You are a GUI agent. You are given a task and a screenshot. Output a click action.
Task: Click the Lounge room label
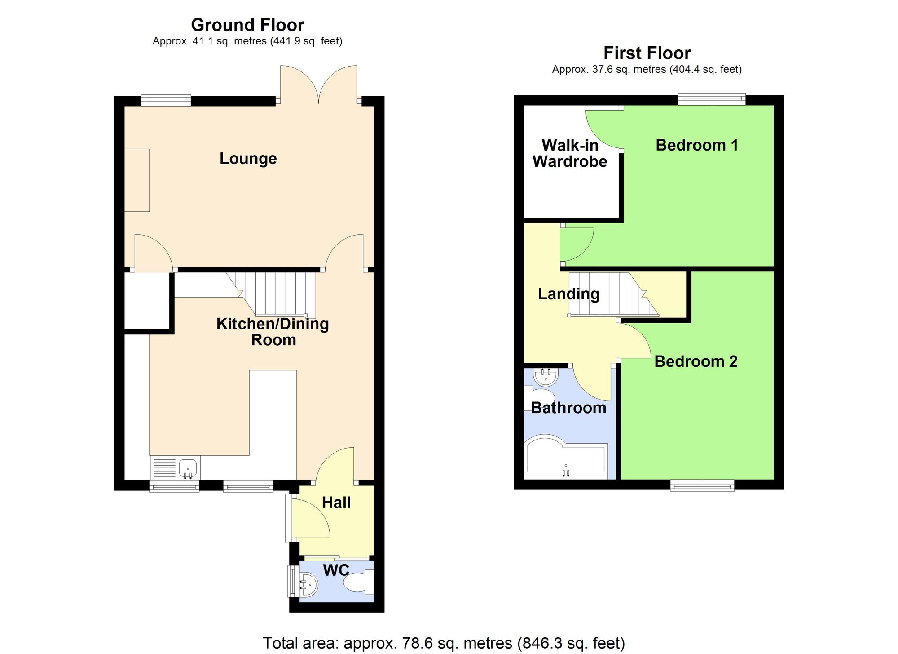pyautogui.click(x=248, y=159)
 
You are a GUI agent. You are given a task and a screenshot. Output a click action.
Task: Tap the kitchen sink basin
pyautogui.click(x=188, y=468)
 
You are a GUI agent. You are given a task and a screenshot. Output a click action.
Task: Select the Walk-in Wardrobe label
pyautogui.click(x=570, y=153)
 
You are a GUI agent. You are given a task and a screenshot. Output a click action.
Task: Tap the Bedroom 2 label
pyautogui.click(x=696, y=361)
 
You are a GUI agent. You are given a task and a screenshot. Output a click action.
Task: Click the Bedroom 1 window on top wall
pyautogui.click(x=711, y=99)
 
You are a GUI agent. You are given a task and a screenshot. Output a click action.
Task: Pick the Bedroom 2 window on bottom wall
pyautogui.click(x=702, y=485)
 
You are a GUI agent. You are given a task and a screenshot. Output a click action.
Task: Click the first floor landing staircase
pyautogui.click(x=611, y=294)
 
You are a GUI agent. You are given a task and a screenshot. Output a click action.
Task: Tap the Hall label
pyautogui.click(x=336, y=503)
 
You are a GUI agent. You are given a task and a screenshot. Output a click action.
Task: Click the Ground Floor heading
pyautogui.click(x=247, y=25)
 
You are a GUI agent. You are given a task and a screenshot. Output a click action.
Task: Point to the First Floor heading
pyautogui.click(x=647, y=53)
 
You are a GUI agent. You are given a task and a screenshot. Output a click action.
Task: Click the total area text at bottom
pyautogui.click(x=444, y=643)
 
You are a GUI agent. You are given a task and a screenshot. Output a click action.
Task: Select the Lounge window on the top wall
pyautogui.click(x=166, y=100)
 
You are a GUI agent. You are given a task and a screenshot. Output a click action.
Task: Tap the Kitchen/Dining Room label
pyautogui.click(x=273, y=332)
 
